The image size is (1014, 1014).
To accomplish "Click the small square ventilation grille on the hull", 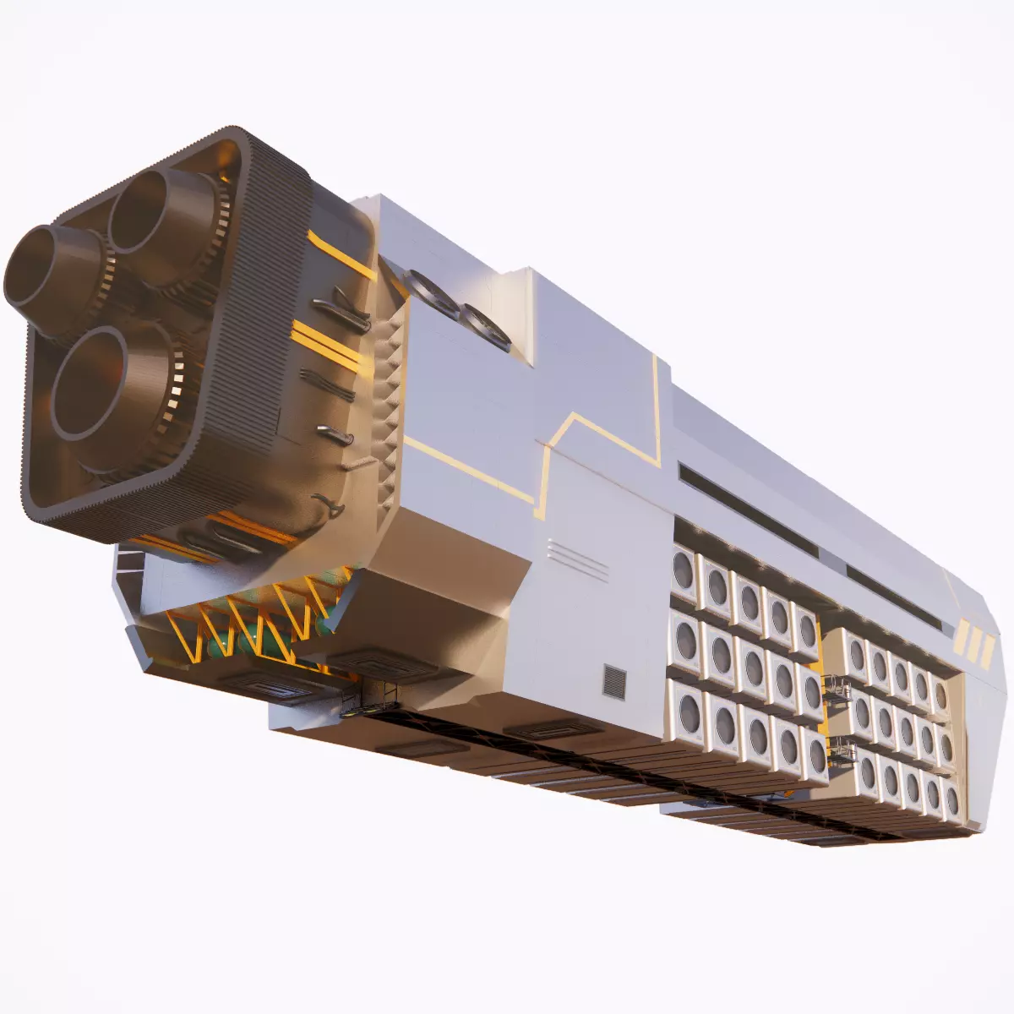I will [x=614, y=681].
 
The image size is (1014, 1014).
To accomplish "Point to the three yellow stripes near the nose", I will [x=973, y=644].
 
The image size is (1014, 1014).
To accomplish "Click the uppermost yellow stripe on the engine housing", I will [x=342, y=253].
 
